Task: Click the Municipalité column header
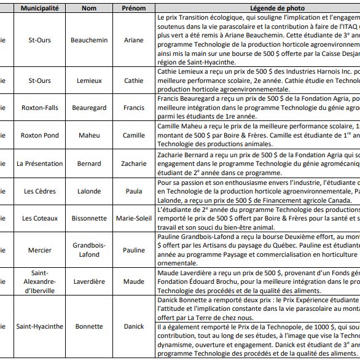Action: tap(40, 9)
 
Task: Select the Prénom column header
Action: tap(134, 9)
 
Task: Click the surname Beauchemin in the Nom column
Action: tap(89, 41)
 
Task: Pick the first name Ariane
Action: tap(134, 41)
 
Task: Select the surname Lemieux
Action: tap(89, 80)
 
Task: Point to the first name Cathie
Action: tap(134, 80)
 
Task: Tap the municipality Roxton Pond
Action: tap(40, 135)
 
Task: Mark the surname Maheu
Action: tap(89, 135)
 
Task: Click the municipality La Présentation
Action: tap(40, 164)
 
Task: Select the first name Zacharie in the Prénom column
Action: tap(134, 164)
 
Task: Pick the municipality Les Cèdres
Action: tap(40, 192)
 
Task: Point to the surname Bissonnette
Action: tap(89, 218)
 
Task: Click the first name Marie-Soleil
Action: tap(134, 218)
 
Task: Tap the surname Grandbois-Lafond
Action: tap(89, 250)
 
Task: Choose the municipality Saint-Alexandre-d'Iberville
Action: tap(40, 282)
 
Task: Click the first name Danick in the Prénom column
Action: tap(134, 326)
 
